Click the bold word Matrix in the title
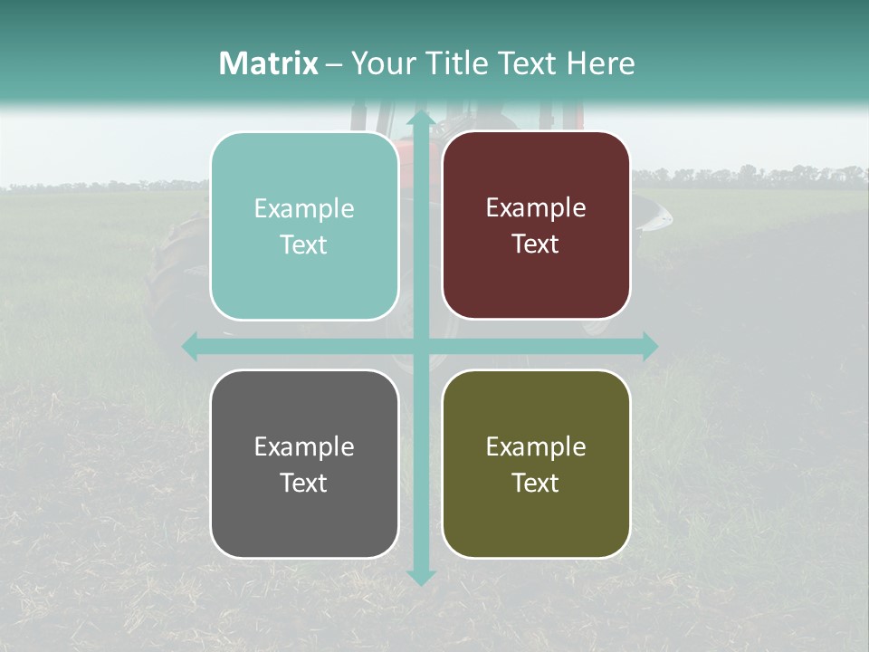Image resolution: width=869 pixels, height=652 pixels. click(x=269, y=63)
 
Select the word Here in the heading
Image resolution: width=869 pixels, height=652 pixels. click(x=600, y=63)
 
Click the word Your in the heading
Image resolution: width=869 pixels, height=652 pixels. click(x=379, y=63)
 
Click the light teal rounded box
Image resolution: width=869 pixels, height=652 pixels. click(x=304, y=226)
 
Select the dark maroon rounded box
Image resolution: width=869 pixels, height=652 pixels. click(x=536, y=225)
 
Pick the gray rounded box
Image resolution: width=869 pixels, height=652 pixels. click(x=304, y=464)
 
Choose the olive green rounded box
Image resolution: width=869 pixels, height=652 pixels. click(x=536, y=464)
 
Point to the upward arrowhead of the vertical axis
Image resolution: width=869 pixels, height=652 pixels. click(x=420, y=118)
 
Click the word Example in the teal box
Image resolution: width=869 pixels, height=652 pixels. click(x=304, y=209)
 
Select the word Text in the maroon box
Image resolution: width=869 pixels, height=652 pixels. click(x=536, y=244)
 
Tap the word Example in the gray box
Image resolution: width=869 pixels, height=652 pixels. click(x=304, y=446)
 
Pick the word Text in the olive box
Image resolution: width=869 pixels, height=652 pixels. click(x=536, y=483)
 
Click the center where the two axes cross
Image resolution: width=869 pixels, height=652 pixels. click(x=420, y=346)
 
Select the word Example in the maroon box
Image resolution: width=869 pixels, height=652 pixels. click(x=536, y=208)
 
